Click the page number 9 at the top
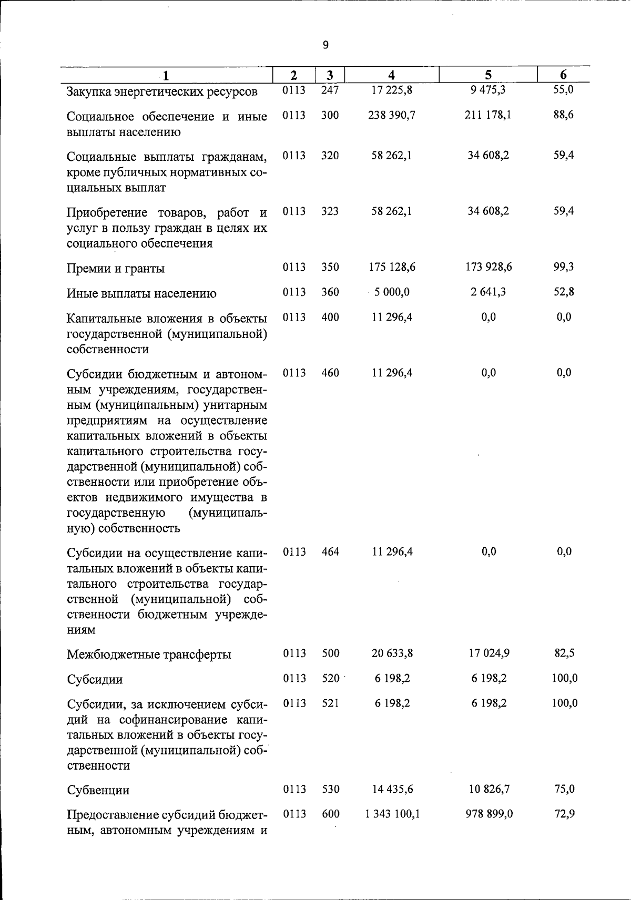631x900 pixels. (x=325, y=45)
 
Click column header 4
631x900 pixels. (x=391, y=75)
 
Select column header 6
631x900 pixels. (x=563, y=75)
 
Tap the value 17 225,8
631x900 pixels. (x=392, y=90)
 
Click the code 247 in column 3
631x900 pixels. (x=330, y=90)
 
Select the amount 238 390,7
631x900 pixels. (x=392, y=115)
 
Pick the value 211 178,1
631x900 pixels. (x=488, y=115)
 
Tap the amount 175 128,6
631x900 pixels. (x=392, y=267)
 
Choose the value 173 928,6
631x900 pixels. (x=488, y=267)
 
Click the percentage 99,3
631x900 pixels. (x=563, y=267)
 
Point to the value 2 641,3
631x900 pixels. (x=488, y=292)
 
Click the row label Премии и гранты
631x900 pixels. (x=116, y=269)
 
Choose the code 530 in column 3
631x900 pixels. (x=330, y=789)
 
